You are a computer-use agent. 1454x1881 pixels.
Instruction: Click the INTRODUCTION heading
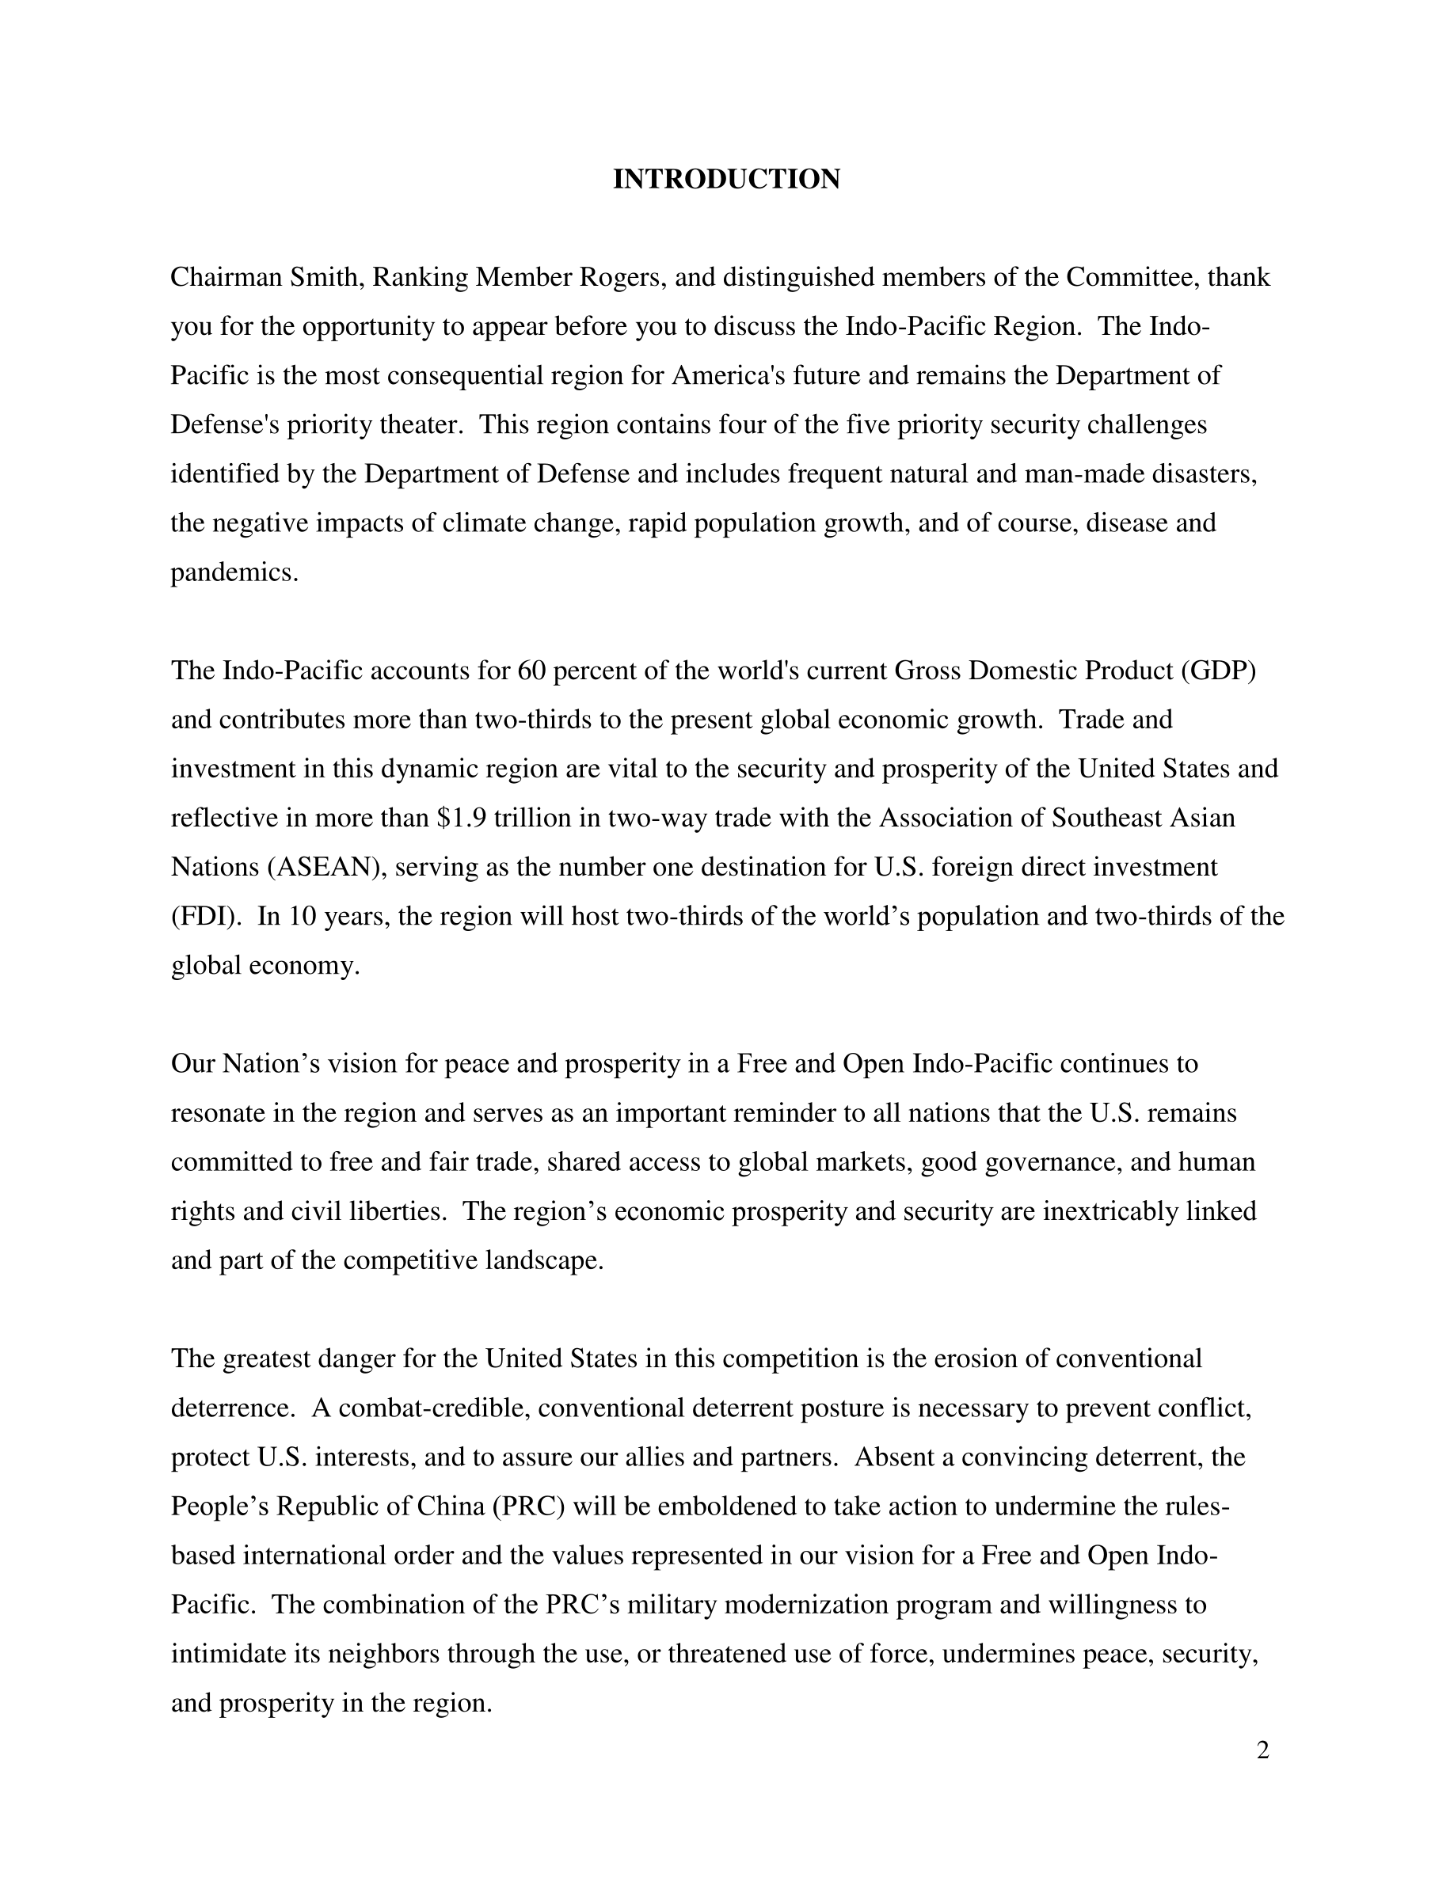coord(726,179)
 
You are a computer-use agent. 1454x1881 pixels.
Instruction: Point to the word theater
coord(423,424)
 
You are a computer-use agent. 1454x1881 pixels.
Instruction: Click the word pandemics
coord(234,572)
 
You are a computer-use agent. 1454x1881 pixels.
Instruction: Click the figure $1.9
coord(462,817)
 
